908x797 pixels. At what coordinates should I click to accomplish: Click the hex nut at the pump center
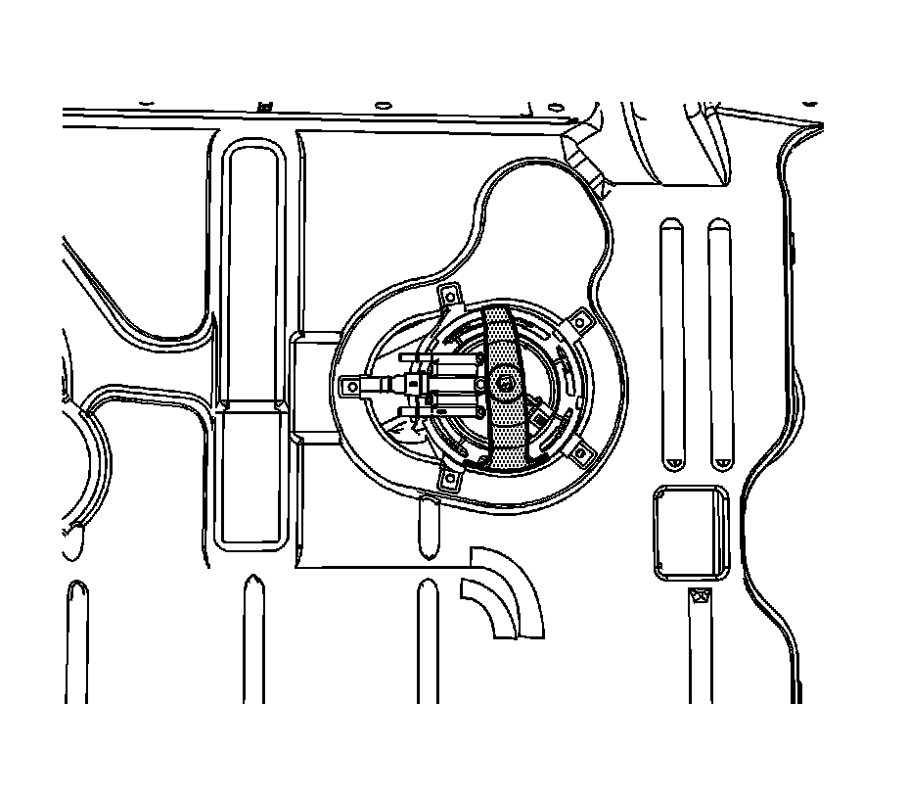coord(505,385)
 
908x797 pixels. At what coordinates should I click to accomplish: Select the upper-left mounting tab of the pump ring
coord(453,295)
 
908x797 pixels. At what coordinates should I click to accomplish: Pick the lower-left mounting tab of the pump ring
coord(450,477)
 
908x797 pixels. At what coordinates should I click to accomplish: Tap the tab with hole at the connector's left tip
coord(349,388)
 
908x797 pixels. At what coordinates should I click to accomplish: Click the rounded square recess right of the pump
coord(691,533)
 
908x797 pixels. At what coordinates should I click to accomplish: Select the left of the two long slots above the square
coord(673,343)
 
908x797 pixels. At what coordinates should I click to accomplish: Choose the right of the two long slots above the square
coord(720,343)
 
